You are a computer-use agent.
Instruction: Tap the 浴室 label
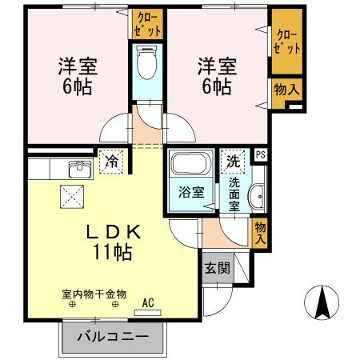click(x=181, y=193)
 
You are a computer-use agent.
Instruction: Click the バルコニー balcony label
click(x=113, y=338)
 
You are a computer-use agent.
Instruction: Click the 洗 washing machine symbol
click(x=233, y=160)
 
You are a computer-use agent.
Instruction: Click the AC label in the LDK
click(x=148, y=302)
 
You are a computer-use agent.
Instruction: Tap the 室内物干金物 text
click(x=94, y=294)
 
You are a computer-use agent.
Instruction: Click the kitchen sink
click(x=79, y=170)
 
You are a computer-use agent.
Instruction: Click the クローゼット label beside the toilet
click(x=148, y=24)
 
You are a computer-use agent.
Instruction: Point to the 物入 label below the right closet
click(x=288, y=90)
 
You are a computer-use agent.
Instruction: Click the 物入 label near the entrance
click(x=260, y=234)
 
